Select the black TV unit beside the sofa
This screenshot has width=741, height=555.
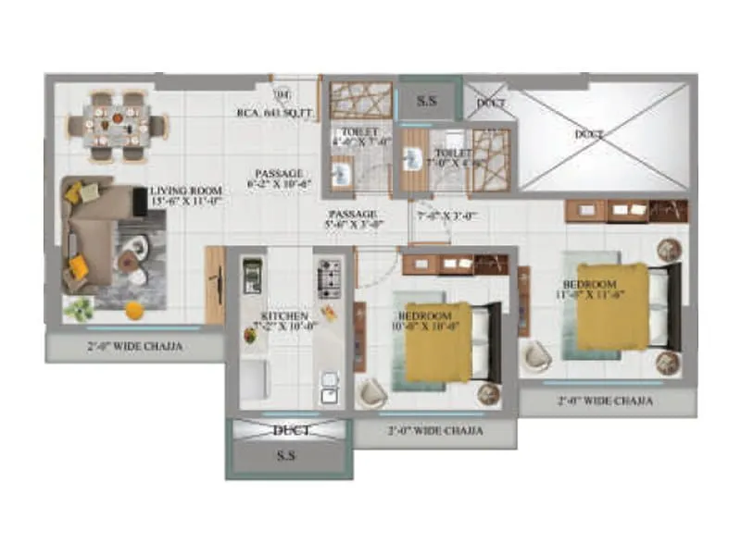tap(141, 203)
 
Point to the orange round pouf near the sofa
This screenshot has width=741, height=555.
tap(135, 310)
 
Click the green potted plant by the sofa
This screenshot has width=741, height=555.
tap(78, 307)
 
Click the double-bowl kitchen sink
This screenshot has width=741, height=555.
tap(328, 388)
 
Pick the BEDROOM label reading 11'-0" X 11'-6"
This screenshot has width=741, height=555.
tap(590, 289)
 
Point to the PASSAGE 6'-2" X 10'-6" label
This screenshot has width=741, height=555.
tap(279, 179)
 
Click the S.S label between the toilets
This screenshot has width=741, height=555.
tap(428, 100)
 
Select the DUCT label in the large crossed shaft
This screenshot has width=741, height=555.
tap(589, 135)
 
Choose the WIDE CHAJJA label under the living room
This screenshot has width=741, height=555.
tap(136, 347)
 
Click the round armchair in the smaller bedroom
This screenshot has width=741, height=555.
tap(373, 393)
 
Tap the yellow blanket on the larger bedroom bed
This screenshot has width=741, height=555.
tap(611, 305)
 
